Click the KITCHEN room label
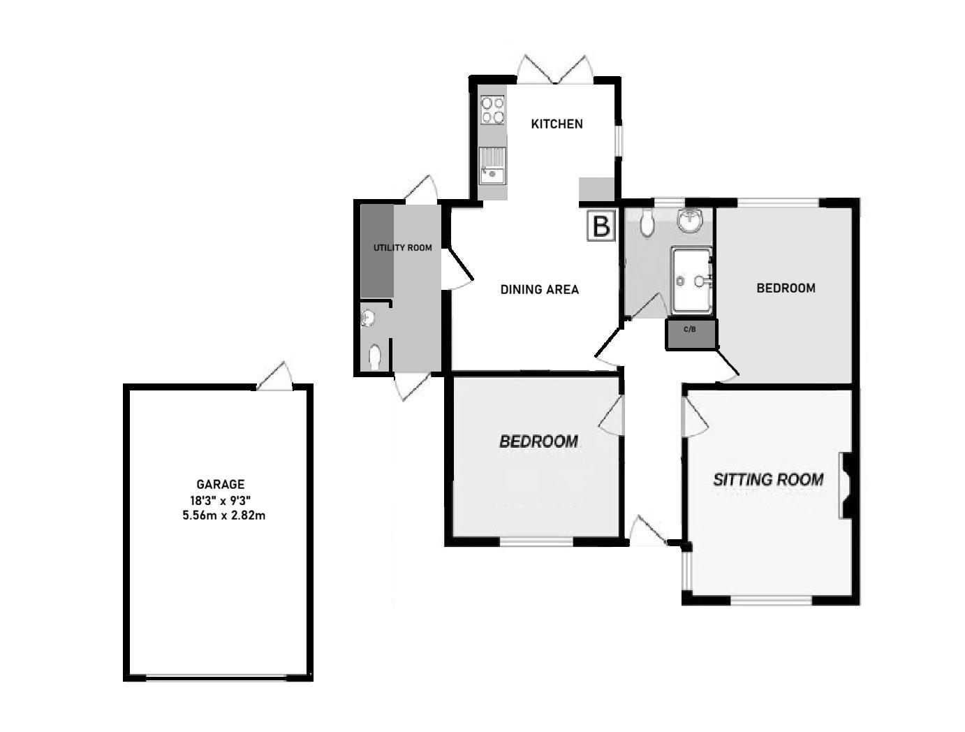click(557, 124)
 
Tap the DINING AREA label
click(540, 289)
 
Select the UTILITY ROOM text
click(402, 248)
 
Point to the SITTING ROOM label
click(768, 480)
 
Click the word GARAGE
click(221, 484)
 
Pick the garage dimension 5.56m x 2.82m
click(224, 516)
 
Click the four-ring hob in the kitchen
click(493, 109)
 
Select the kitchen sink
click(493, 166)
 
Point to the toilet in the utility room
click(375, 356)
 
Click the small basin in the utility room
click(369, 319)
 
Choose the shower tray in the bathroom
click(691, 279)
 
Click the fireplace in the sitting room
click(846, 485)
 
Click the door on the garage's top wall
click(274, 377)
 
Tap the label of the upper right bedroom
click(786, 288)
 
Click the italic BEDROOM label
click(538, 441)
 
